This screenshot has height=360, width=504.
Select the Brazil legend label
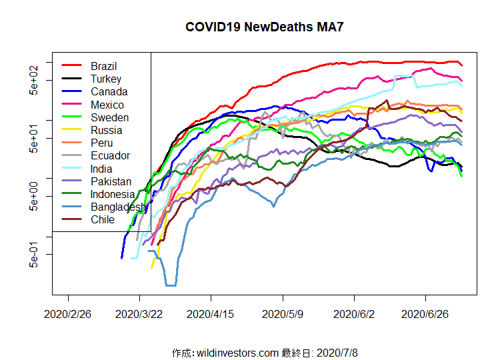point(103,66)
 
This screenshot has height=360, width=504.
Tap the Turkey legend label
point(106,79)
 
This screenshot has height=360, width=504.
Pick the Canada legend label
point(109,91)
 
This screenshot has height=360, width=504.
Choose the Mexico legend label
point(107,105)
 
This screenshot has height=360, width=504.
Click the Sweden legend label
point(109,117)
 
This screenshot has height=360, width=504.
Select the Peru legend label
point(101,143)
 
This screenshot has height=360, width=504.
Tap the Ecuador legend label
point(110,155)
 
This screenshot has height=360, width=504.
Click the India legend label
point(102,169)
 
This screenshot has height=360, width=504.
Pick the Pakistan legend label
point(111,181)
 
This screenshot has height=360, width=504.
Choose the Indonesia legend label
point(113,194)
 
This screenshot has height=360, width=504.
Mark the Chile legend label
point(103,219)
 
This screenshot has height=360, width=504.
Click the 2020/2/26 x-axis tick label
point(68,313)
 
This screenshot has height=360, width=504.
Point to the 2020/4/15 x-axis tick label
point(211,313)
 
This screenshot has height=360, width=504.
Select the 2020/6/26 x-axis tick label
point(426,313)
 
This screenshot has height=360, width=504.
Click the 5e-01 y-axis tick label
point(35,254)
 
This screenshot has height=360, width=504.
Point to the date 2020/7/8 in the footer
point(339,352)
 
